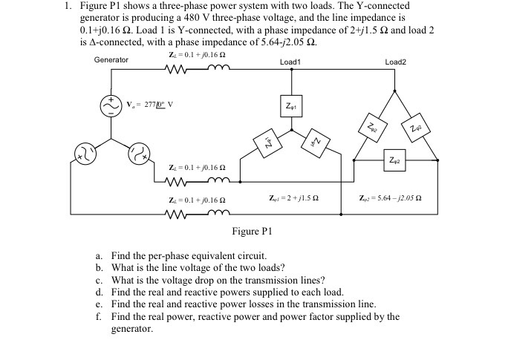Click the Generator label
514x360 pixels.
[111, 59]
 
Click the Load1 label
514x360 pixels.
[290, 62]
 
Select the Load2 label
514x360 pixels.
[395, 62]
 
